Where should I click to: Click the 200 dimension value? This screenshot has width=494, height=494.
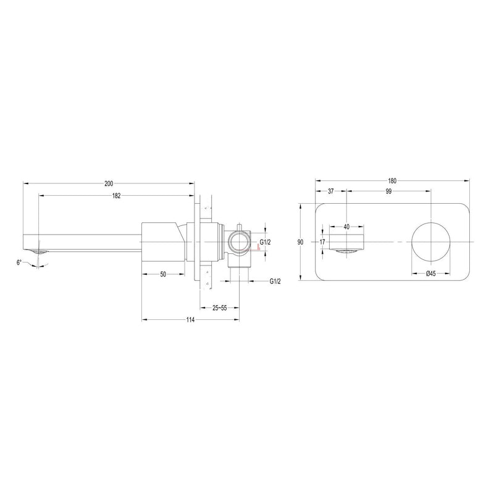(109, 183)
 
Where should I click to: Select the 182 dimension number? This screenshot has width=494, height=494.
(117, 196)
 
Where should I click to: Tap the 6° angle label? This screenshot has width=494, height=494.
(20, 262)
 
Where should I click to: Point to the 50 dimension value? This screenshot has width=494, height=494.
(163, 274)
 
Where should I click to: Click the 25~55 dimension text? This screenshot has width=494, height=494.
(220, 308)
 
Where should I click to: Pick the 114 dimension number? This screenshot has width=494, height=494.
(190, 320)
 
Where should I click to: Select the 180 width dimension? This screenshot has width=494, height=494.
(392, 181)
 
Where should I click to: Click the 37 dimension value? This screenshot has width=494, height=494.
(331, 191)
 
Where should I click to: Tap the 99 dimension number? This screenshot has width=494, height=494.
(388, 191)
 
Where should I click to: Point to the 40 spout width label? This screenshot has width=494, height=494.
(346, 227)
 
